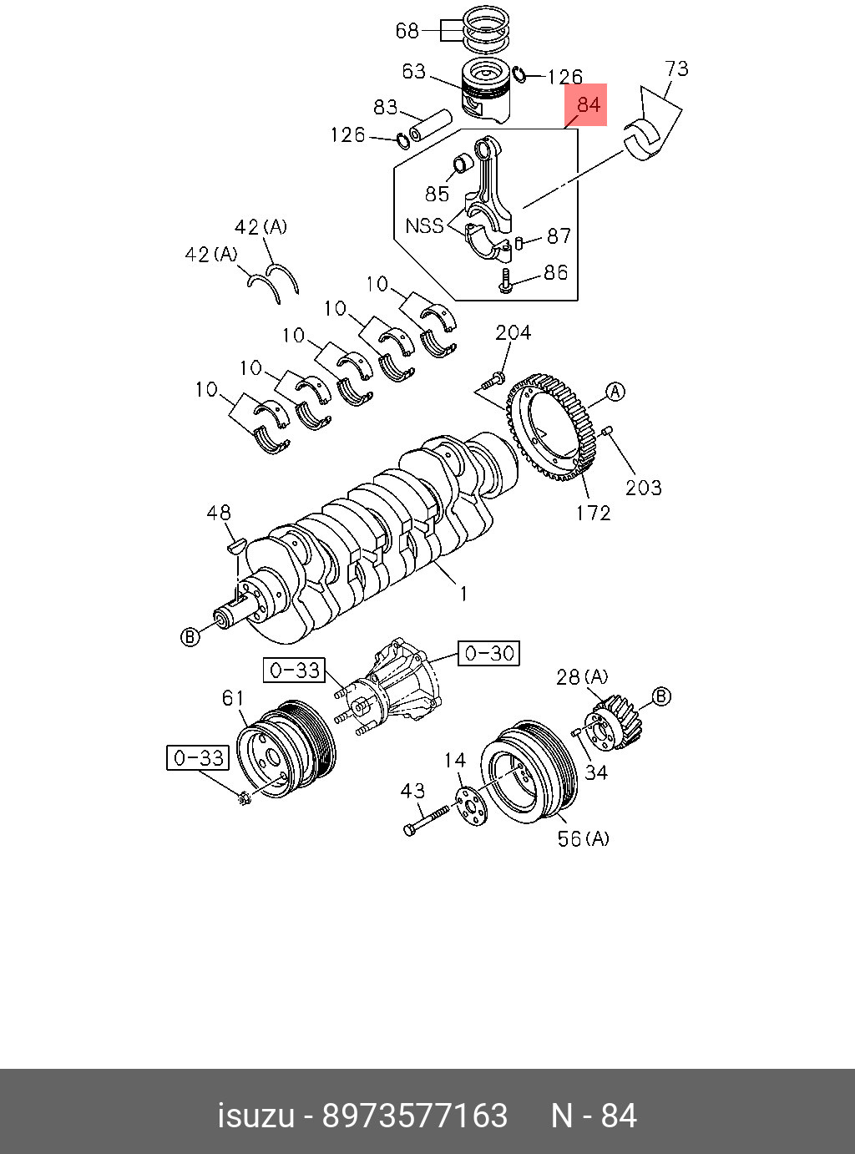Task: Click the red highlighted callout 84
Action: pyautogui.click(x=588, y=104)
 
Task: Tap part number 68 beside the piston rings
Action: pyautogui.click(x=407, y=31)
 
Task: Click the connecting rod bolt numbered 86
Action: pyautogui.click(x=505, y=281)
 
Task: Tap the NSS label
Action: pyautogui.click(x=424, y=225)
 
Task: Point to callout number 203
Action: pyautogui.click(x=643, y=487)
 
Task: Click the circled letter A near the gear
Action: pyautogui.click(x=615, y=392)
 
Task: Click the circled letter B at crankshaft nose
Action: pyautogui.click(x=190, y=637)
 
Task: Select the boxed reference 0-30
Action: pyautogui.click(x=488, y=653)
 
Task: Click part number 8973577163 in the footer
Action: pyautogui.click(x=415, y=1116)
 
